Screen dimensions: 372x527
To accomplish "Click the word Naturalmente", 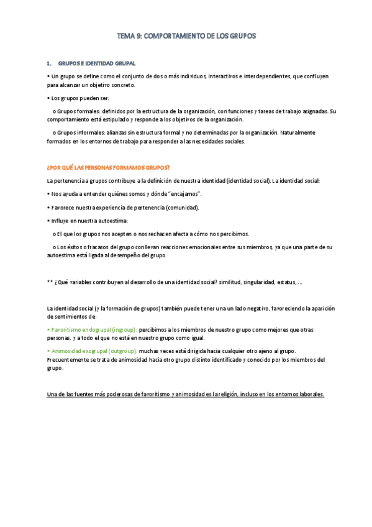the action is pos(298,133).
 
